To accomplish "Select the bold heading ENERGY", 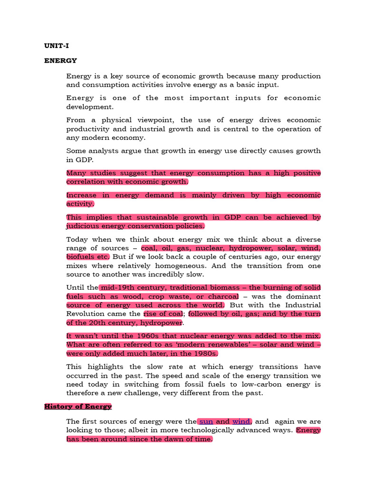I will (60, 61).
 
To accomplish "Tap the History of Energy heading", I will (78, 406).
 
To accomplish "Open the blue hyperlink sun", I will (206, 421).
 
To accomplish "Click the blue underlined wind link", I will (241, 421).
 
